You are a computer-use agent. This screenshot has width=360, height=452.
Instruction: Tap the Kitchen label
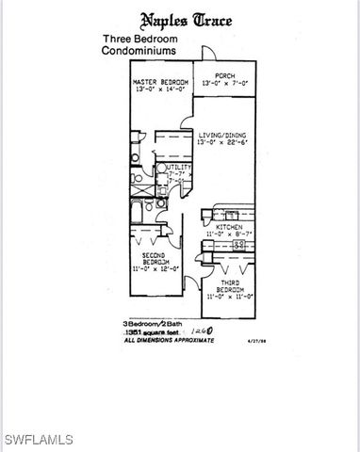[x=229, y=227]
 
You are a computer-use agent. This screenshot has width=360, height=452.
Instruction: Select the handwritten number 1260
[x=199, y=332]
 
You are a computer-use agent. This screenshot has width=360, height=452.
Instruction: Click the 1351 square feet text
[x=149, y=331]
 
